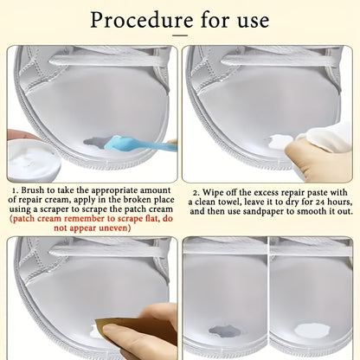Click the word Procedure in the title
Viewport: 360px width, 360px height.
click(142, 20)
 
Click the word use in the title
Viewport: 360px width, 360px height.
click(254, 22)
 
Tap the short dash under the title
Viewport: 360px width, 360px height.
click(180, 35)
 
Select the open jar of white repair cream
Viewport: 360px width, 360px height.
click(34, 158)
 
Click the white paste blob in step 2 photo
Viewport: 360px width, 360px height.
click(280, 142)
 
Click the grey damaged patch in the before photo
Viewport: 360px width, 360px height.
click(224, 331)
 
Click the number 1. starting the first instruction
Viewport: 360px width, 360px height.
click(16, 191)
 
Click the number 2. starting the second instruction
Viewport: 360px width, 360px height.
click(196, 193)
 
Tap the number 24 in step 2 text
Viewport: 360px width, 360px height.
click(320, 202)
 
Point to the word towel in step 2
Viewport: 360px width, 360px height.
click(227, 202)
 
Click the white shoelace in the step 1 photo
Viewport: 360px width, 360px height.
click(108, 61)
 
